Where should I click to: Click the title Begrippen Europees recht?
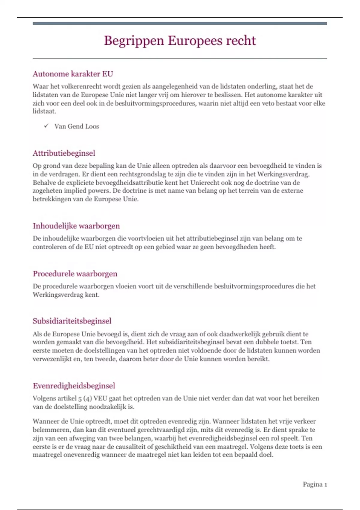click(180, 41)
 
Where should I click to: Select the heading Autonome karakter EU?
click(73, 74)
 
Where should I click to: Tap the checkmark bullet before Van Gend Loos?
click(46, 126)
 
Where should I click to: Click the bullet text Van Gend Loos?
click(76, 126)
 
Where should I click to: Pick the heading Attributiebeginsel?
click(64, 153)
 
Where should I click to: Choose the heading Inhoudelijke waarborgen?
click(76, 226)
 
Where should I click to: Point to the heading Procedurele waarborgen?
click(75, 274)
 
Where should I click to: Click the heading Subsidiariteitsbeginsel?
click(72, 321)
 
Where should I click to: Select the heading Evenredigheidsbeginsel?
click(74, 386)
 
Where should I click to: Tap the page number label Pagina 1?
click(315, 484)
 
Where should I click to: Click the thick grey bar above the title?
click(180, 23)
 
